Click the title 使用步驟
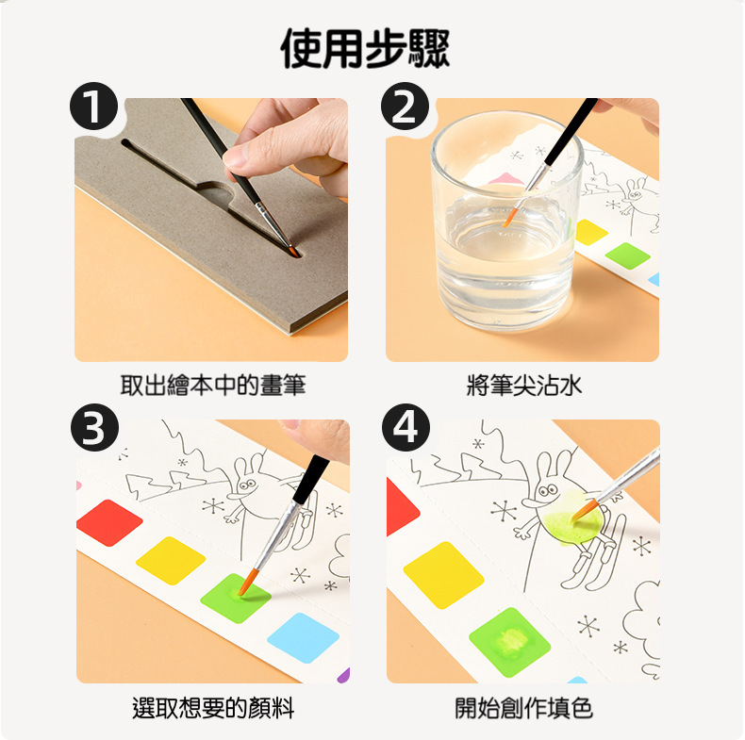pyautogui.click(x=365, y=48)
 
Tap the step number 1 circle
pyautogui.click(x=93, y=107)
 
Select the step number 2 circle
pyautogui.click(x=405, y=107)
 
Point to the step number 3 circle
pyautogui.click(x=94, y=427)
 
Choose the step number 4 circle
pyautogui.click(x=406, y=427)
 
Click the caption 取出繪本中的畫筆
pyautogui.click(x=212, y=385)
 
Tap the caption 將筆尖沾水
pyautogui.click(x=523, y=385)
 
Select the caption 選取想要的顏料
pyautogui.click(x=213, y=707)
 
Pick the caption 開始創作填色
pyautogui.click(x=523, y=707)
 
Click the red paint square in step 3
pyautogui.click(x=109, y=522)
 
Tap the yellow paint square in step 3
pyautogui.click(x=171, y=561)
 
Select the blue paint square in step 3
pyautogui.click(x=303, y=638)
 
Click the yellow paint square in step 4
pyautogui.click(x=443, y=575)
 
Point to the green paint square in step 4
pyautogui.click(x=510, y=642)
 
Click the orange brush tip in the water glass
pyautogui.click(x=509, y=218)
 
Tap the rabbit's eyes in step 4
pyautogui.click(x=547, y=489)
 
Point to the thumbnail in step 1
pyautogui.click(x=237, y=158)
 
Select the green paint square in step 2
pyautogui.click(x=628, y=256)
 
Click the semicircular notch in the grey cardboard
pyautogui.click(x=216, y=192)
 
